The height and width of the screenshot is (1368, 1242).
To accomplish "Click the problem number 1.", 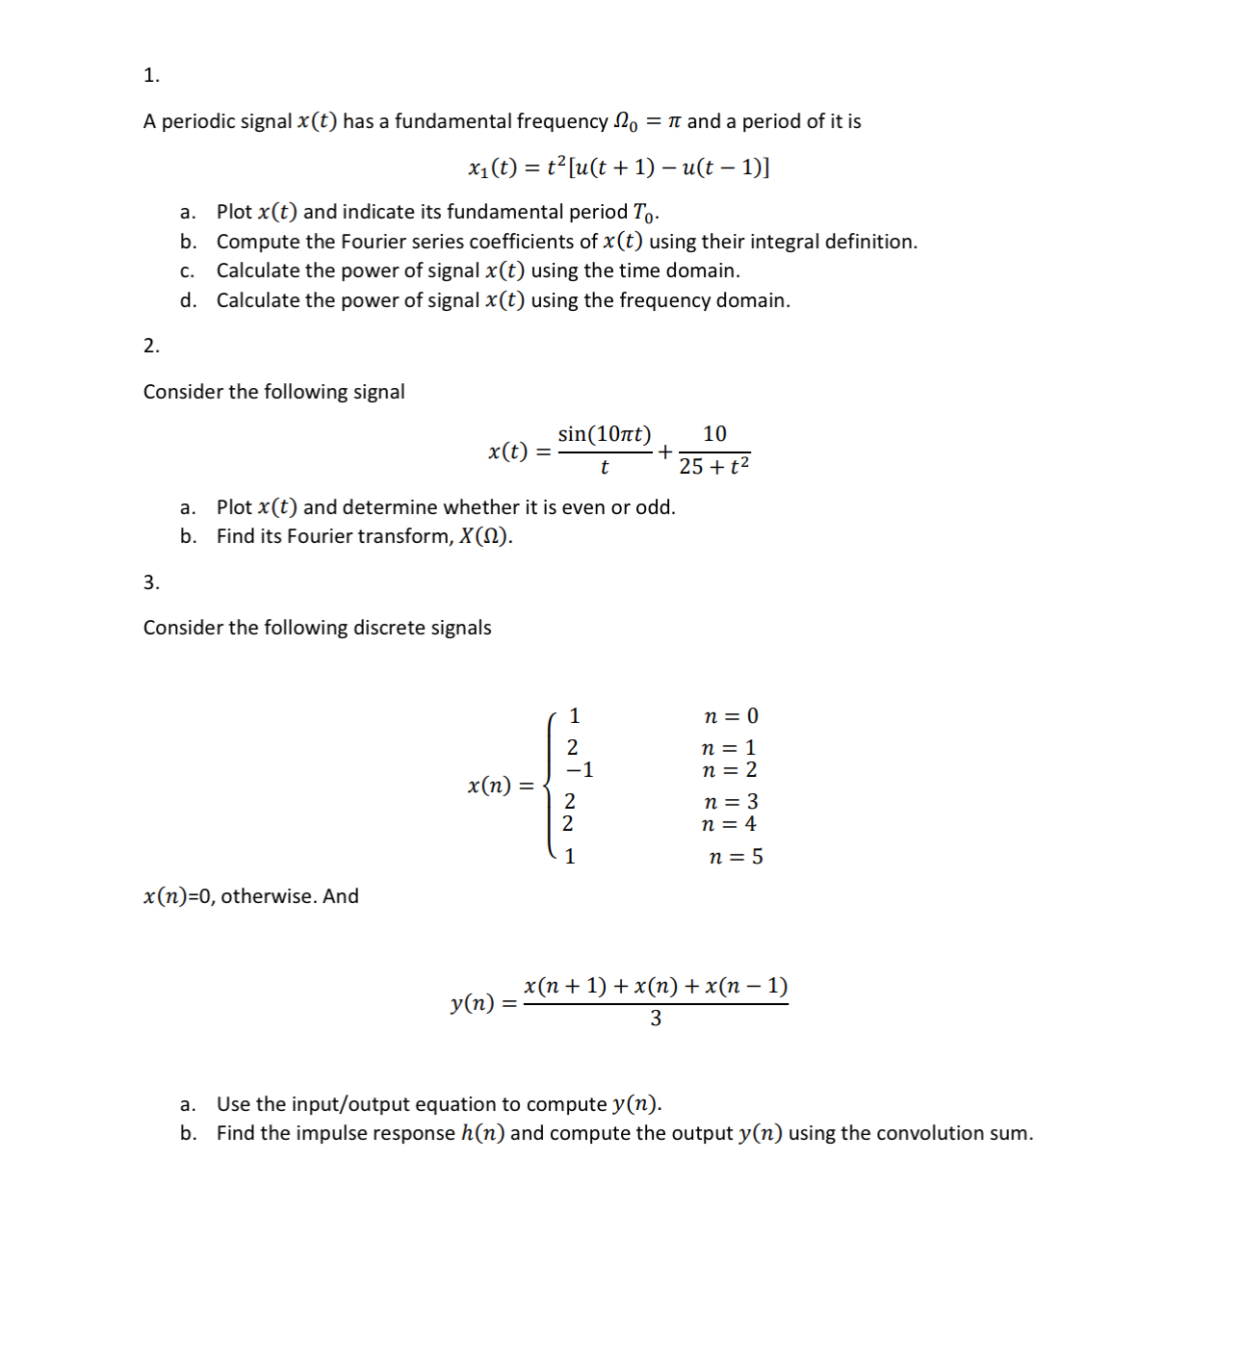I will tap(150, 75).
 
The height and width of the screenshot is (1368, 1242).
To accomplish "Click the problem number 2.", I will tap(150, 346).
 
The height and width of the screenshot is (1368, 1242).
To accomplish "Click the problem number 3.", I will tap(150, 582).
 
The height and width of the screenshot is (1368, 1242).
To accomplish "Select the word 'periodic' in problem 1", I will tap(194, 121).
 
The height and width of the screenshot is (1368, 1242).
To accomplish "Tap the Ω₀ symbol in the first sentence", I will tap(625, 121).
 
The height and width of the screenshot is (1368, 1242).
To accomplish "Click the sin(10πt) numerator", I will tap(604, 434).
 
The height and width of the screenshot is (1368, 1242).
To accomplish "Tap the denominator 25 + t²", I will tap(713, 467).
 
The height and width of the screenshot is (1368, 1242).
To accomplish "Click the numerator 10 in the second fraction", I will tap(714, 434).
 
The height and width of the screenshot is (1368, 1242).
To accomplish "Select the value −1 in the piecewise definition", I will tap(580, 770).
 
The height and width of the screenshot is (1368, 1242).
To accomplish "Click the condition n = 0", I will tap(731, 716).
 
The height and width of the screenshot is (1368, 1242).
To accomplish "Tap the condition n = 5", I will tap(736, 857).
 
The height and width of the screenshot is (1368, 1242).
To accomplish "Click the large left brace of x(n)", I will tap(550, 786).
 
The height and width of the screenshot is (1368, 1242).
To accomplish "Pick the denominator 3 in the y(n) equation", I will tap(656, 1019).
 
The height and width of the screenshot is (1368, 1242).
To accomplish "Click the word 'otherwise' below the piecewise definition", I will tap(269, 896).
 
